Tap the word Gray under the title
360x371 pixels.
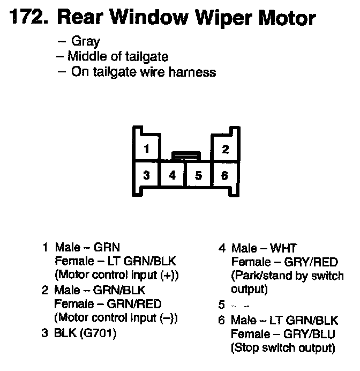[x=86, y=41]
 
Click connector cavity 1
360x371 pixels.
[x=146, y=149]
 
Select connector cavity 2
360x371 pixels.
[x=225, y=149]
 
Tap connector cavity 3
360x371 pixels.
[x=146, y=175]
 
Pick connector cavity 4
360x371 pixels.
[x=172, y=175]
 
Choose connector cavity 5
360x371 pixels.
[x=199, y=175]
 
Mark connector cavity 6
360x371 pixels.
[x=225, y=175]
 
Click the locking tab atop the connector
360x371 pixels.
[x=185, y=156]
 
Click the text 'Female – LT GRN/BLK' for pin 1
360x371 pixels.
[x=115, y=261]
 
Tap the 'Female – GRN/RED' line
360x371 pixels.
[x=108, y=303]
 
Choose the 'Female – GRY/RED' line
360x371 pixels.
[x=284, y=262]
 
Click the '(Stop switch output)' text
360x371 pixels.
[x=283, y=348]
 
